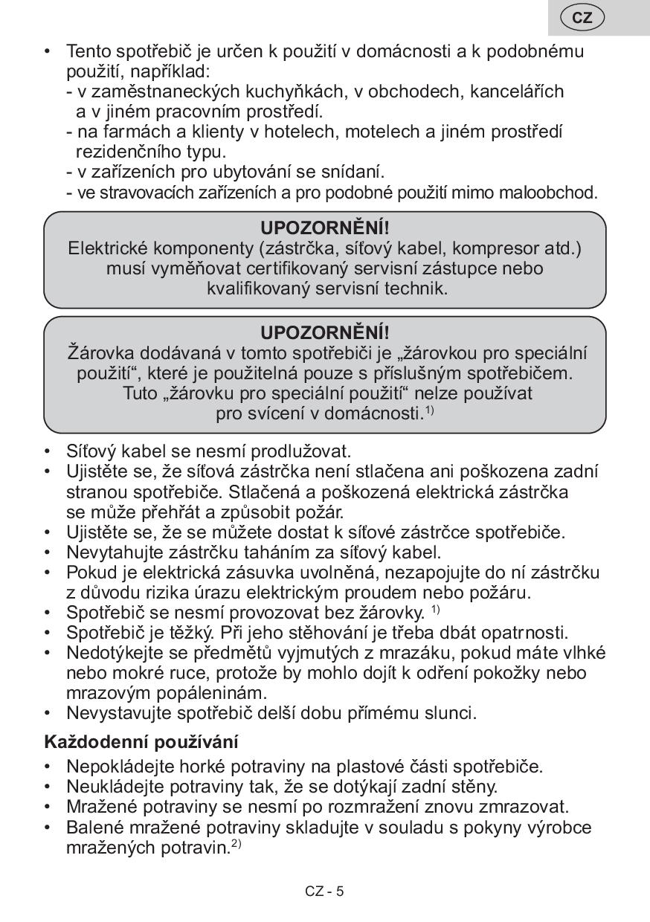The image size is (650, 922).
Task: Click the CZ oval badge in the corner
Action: coord(582,17)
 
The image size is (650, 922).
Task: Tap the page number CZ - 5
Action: coord(324,891)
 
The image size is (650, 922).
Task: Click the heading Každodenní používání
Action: coord(141,741)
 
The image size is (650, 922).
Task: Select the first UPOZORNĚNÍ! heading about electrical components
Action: coord(325,227)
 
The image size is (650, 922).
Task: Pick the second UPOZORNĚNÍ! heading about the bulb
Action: coord(325,332)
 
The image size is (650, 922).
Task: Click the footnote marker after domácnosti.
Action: coord(429,410)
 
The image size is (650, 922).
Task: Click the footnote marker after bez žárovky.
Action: coord(435,610)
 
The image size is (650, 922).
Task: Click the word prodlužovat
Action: coord(301,451)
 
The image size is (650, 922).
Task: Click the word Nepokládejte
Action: coord(118,766)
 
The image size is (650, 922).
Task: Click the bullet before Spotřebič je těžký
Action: coord(49,633)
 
